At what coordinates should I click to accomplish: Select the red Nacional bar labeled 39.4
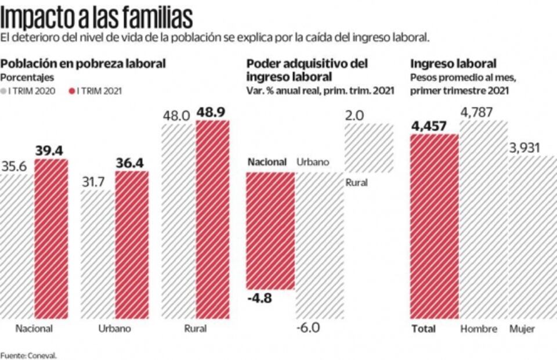pyautogui.click(x=51, y=238)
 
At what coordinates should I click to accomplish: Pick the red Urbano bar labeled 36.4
pyautogui.click(x=132, y=244)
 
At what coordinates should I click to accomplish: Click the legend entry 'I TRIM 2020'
pyautogui.click(x=32, y=91)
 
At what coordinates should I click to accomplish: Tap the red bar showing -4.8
pyautogui.click(x=270, y=230)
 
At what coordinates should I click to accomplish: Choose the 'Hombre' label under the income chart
pyautogui.click(x=479, y=329)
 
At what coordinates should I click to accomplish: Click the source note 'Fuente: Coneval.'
pyautogui.click(x=29, y=355)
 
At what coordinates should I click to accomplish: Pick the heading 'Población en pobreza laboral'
pyautogui.click(x=84, y=63)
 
